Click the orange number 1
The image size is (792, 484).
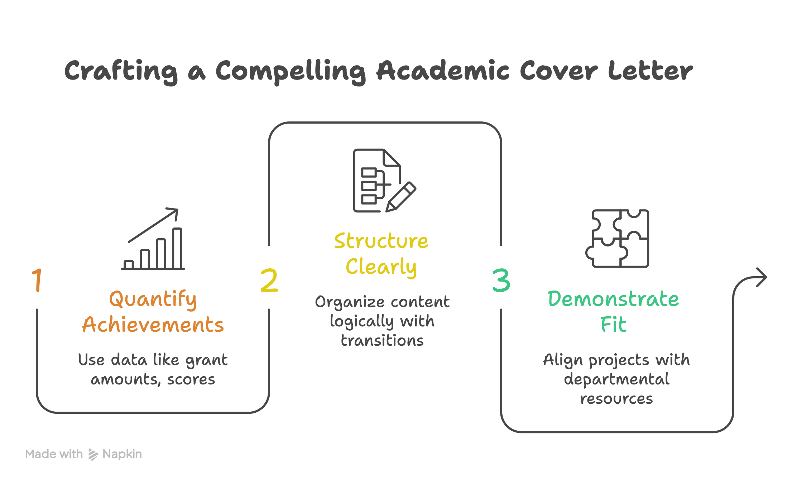[x=37, y=280]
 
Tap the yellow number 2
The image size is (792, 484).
[x=269, y=280]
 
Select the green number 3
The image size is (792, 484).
[x=501, y=280]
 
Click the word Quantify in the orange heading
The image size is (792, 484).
[x=153, y=299]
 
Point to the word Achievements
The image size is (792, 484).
[x=153, y=325]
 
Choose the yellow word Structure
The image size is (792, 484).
[x=381, y=241]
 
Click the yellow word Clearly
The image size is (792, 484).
[x=381, y=267]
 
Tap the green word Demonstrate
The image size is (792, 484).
[x=613, y=299]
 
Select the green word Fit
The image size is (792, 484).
[x=613, y=325]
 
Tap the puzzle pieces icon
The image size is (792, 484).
[x=617, y=239]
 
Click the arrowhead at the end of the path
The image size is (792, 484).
[x=762, y=277]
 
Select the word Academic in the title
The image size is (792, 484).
[x=442, y=71]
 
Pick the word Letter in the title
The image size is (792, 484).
[x=650, y=71]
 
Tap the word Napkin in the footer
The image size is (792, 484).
[x=122, y=454]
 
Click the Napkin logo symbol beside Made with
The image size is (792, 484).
[x=93, y=455]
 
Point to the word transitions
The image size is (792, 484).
[x=382, y=341]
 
